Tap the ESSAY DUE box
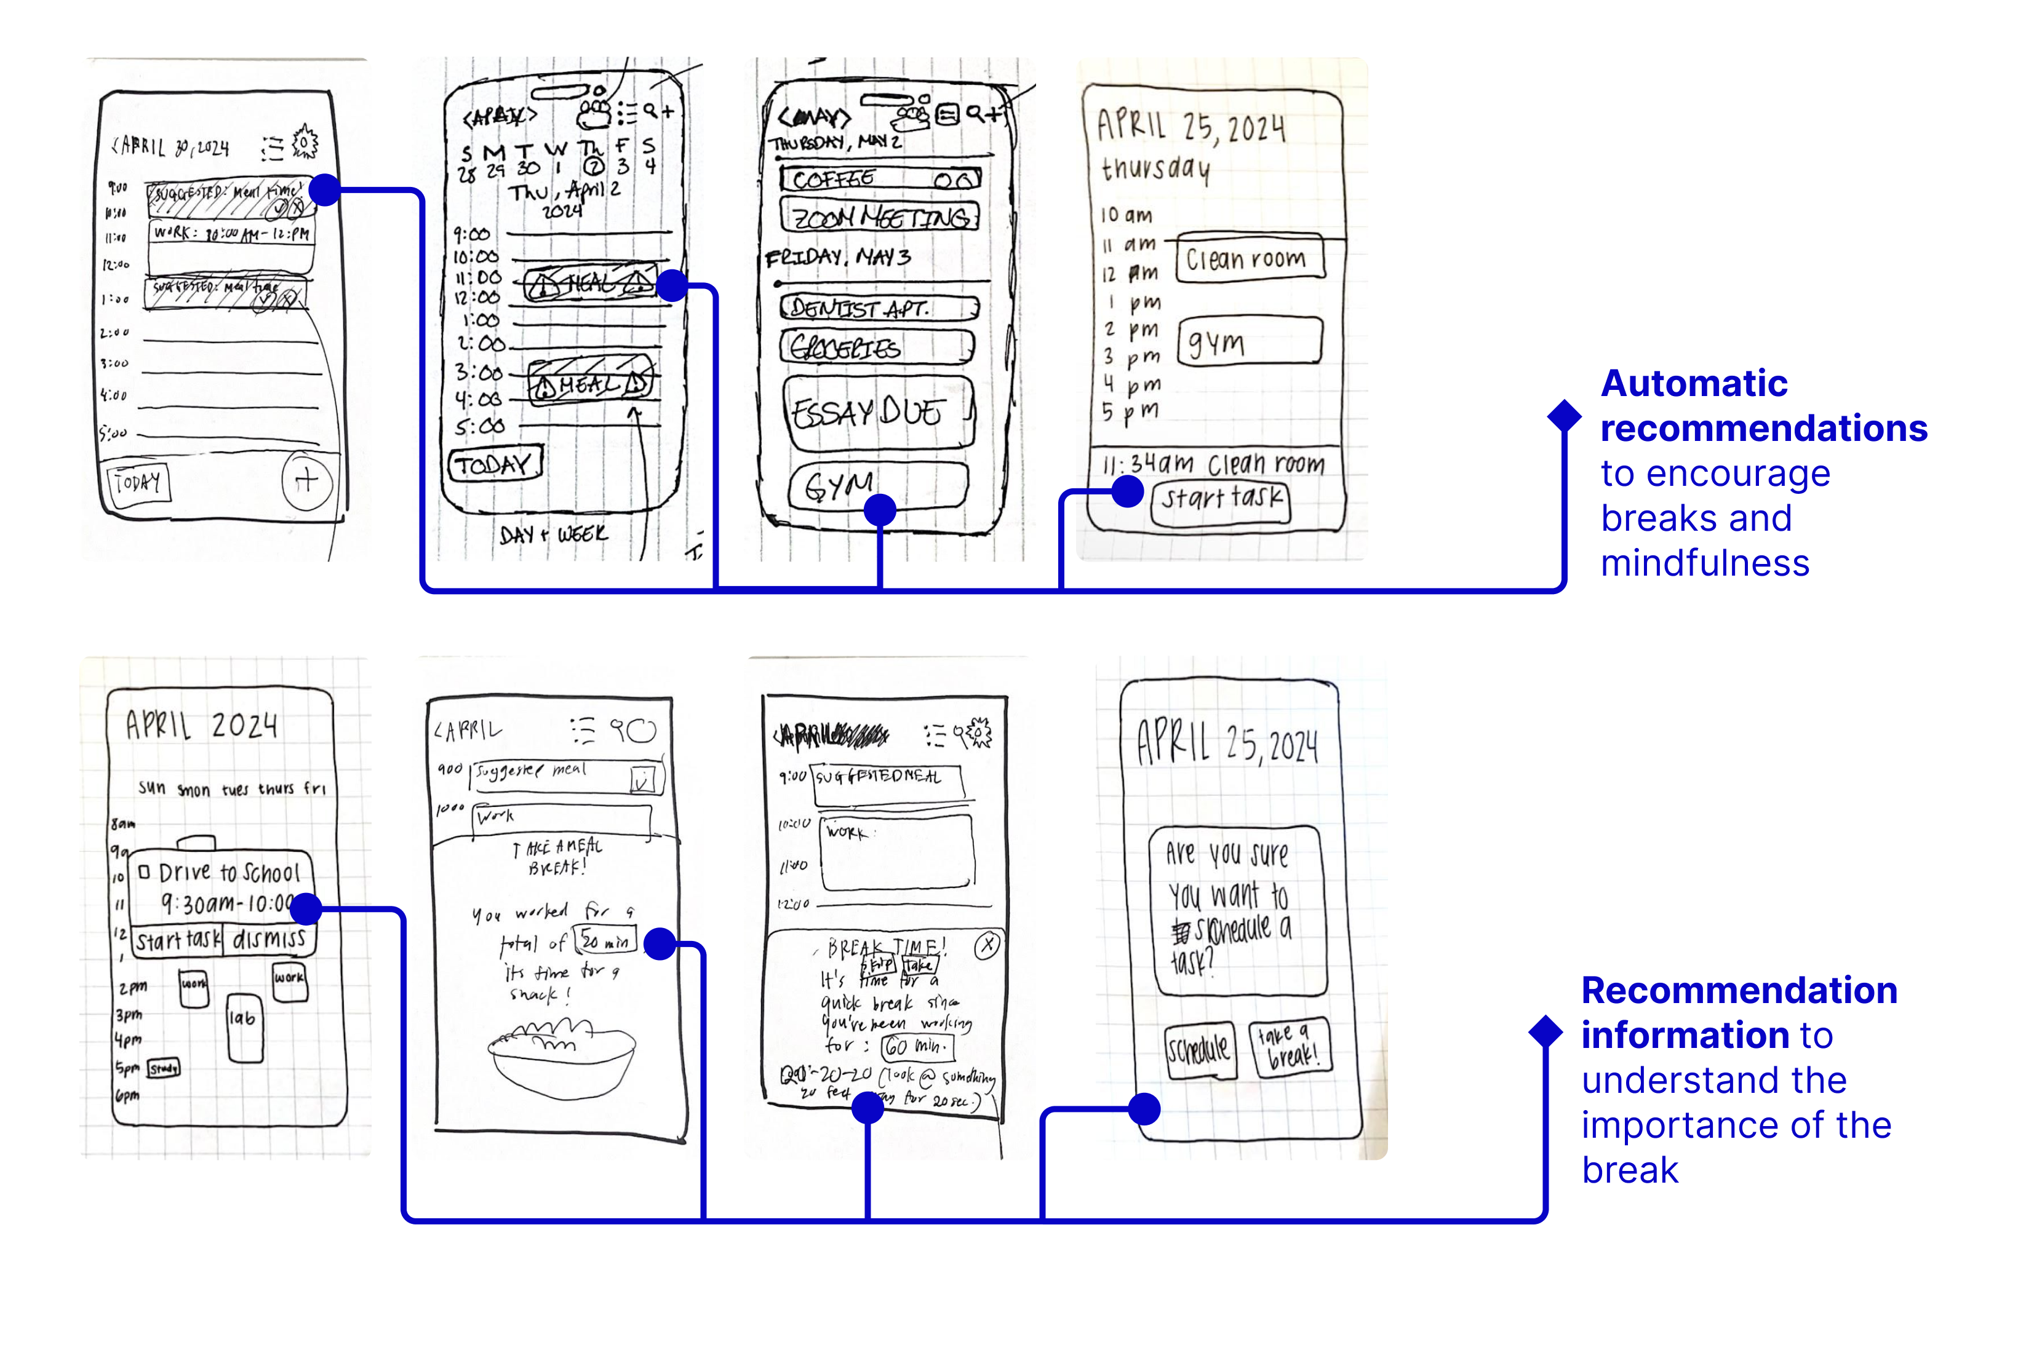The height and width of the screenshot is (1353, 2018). click(x=879, y=413)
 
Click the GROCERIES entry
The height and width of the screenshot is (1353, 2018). click(x=877, y=347)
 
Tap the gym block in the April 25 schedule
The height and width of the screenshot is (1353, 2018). click(x=1249, y=342)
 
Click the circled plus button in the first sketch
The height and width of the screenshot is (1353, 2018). click(x=306, y=481)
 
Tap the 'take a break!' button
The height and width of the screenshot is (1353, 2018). click(x=1289, y=1047)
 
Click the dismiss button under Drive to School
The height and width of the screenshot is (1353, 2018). click(x=268, y=939)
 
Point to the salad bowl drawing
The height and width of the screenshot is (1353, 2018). click(x=561, y=1058)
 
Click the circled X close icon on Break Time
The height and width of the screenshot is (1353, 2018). click(x=987, y=946)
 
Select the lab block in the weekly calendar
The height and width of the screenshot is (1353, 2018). click(x=244, y=1027)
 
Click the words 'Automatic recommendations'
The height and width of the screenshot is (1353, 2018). click(x=1761, y=405)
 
